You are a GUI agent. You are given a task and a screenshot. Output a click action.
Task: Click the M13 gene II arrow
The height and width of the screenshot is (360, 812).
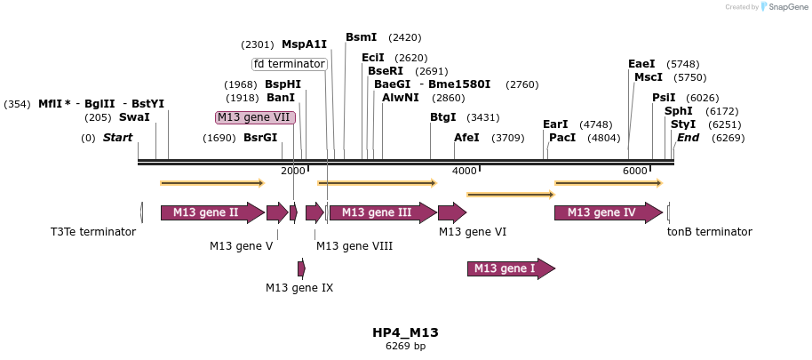pyautogui.click(x=211, y=212)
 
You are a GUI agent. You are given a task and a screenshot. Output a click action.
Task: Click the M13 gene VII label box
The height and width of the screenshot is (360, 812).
pyautogui.click(x=256, y=117)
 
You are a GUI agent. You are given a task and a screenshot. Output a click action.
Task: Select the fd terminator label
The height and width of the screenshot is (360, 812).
pyautogui.click(x=290, y=64)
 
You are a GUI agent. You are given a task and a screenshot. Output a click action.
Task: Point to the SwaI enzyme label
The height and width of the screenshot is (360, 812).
pyautogui.click(x=134, y=117)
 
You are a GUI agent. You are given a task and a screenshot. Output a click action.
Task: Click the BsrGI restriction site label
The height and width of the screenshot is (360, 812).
pyautogui.click(x=260, y=138)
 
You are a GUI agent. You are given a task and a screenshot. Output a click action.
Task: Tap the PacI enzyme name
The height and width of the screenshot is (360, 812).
pyautogui.click(x=562, y=138)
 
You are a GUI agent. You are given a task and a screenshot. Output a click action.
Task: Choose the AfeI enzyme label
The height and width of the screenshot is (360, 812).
pyautogui.click(x=466, y=138)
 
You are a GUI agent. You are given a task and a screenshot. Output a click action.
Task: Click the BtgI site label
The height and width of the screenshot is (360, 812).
pyautogui.click(x=443, y=117)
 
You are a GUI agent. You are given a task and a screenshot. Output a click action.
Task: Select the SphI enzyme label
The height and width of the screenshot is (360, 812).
pyautogui.click(x=678, y=111)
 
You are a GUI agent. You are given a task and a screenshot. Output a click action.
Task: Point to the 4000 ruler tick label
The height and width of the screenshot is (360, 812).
pyautogui.click(x=465, y=171)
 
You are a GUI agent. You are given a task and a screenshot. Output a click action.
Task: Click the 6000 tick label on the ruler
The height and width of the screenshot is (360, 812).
pyautogui.click(x=634, y=171)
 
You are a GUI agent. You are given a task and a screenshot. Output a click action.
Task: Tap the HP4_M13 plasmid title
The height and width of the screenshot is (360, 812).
pyautogui.click(x=405, y=332)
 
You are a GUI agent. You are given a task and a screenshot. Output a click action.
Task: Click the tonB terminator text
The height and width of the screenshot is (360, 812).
pyautogui.click(x=710, y=232)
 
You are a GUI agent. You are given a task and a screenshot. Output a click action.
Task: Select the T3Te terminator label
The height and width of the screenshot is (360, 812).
pyautogui.click(x=93, y=232)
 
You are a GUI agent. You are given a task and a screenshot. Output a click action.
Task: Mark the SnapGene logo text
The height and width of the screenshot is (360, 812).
pyautogui.click(x=784, y=7)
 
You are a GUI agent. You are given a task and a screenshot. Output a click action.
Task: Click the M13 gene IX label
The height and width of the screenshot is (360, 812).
pyautogui.click(x=299, y=287)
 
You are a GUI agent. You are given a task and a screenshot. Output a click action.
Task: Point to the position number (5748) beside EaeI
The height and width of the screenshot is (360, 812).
pyautogui.click(x=682, y=64)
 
